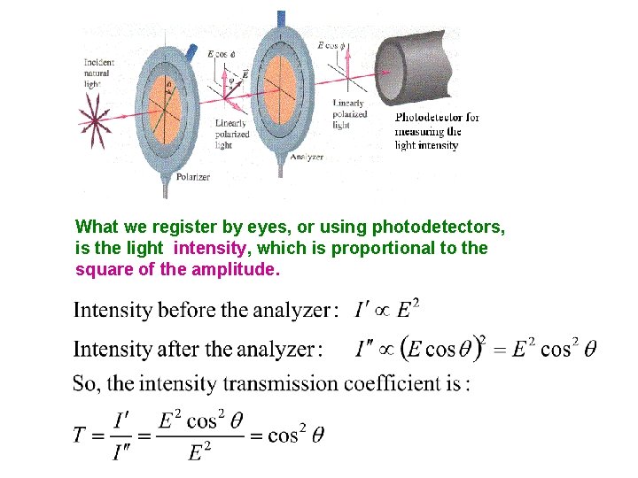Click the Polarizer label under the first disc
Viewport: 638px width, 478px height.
pyautogui.click(x=192, y=177)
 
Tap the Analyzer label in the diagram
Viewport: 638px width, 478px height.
pyautogui.click(x=307, y=157)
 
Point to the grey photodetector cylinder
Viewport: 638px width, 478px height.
pyautogui.click(x=416, y=63)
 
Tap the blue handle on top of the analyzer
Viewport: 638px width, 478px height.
pyautogui.click(x=281, y=19)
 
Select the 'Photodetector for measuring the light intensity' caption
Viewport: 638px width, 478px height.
pyautogui.click(x=437, y=131)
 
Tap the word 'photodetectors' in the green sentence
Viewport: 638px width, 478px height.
pyautogui.click(x=439, y=227)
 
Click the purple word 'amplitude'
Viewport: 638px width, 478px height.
pyautogui.click(x=235, y=269)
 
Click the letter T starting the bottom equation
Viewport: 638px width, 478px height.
pyautogui.click(x=79, y=435)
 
